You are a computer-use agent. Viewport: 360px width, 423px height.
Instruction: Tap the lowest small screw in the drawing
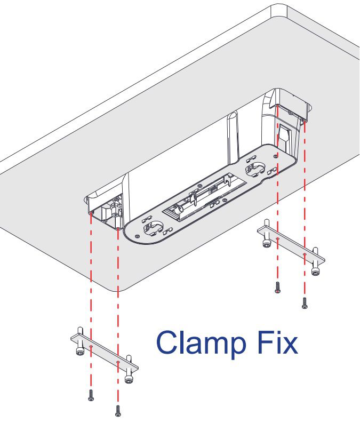(118, 411)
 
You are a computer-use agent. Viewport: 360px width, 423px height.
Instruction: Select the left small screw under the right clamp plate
(277, 288)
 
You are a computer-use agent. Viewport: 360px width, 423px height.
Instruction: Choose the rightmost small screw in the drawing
(305, 303)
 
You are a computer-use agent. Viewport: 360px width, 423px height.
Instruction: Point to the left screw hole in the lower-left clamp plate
(91, 346)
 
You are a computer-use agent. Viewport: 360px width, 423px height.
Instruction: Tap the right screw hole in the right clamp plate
(305, 255)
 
